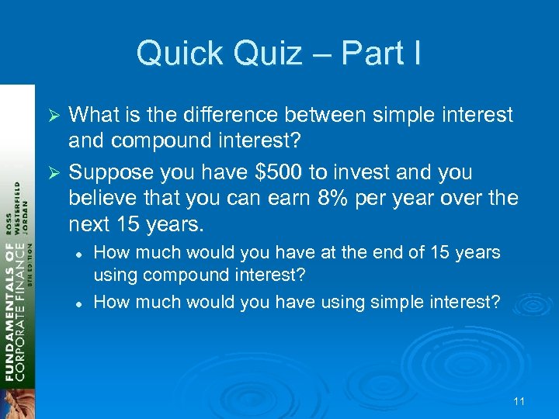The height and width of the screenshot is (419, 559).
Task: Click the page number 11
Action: [519, 401]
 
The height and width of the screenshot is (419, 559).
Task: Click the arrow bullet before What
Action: [54, 116]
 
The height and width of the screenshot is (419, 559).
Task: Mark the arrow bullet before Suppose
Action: [54, 172]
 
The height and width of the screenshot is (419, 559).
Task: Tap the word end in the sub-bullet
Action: [379, 252]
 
